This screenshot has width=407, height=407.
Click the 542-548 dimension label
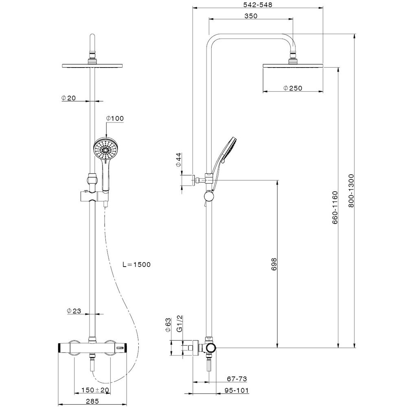(x=258, y=4)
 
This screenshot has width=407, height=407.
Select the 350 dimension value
(x=251, y=16)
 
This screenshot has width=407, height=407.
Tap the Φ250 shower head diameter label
(x=293, y=88)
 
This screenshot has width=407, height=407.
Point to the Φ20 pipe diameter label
(x=68, y=98)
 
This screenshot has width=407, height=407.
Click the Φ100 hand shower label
(x=115, y=118)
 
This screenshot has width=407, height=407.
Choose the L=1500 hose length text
(x=136, y=265)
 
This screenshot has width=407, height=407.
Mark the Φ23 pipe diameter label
(x=74, y=311)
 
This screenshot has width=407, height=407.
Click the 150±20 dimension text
(x=96, y=390)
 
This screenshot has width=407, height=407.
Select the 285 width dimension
(x=92, y=401)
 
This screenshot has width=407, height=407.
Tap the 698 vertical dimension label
(x=274, y=264)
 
